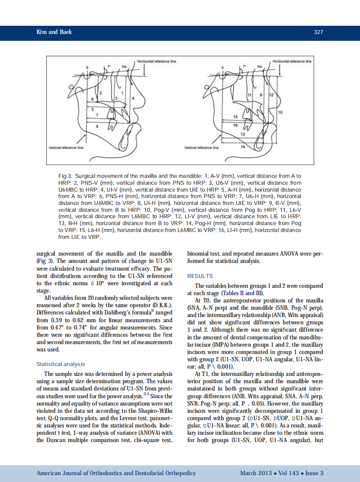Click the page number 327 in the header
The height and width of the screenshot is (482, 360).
pos(318,32)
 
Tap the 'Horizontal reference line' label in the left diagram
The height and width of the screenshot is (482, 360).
pos(156,61)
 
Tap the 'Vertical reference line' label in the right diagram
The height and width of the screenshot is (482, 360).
pos(201,148)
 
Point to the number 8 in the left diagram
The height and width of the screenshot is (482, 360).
pos(97,126)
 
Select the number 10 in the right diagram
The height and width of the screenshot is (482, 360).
pos(281,112)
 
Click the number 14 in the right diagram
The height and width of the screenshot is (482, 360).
pos(243,146)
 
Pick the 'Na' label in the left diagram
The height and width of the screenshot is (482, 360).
pos(124,67)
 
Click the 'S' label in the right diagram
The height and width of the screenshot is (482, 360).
pos(223,67)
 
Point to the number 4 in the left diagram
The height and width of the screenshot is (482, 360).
pos(133,99)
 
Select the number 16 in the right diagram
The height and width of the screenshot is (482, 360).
pos(235,125)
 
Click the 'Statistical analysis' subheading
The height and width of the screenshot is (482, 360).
pos(61,364)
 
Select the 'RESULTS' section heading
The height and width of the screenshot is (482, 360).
pos(200,276)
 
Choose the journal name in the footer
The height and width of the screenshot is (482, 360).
pos(116,473)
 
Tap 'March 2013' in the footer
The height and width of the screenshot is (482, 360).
pos(256,473)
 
